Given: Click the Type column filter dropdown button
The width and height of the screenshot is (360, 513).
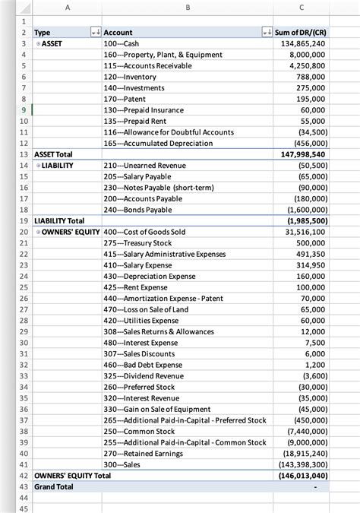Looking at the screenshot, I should tap(95, 33).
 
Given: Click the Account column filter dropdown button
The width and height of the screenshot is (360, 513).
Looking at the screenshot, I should tap(266, 33).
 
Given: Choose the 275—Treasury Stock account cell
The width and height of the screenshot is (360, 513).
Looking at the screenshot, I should tap(137, 243).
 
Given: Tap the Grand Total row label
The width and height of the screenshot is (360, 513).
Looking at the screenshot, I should tap(54, 486).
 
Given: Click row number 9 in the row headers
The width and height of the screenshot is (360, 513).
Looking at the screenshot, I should tap(24, 110).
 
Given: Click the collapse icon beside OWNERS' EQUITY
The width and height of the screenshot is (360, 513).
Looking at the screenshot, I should tap(38, 232).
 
